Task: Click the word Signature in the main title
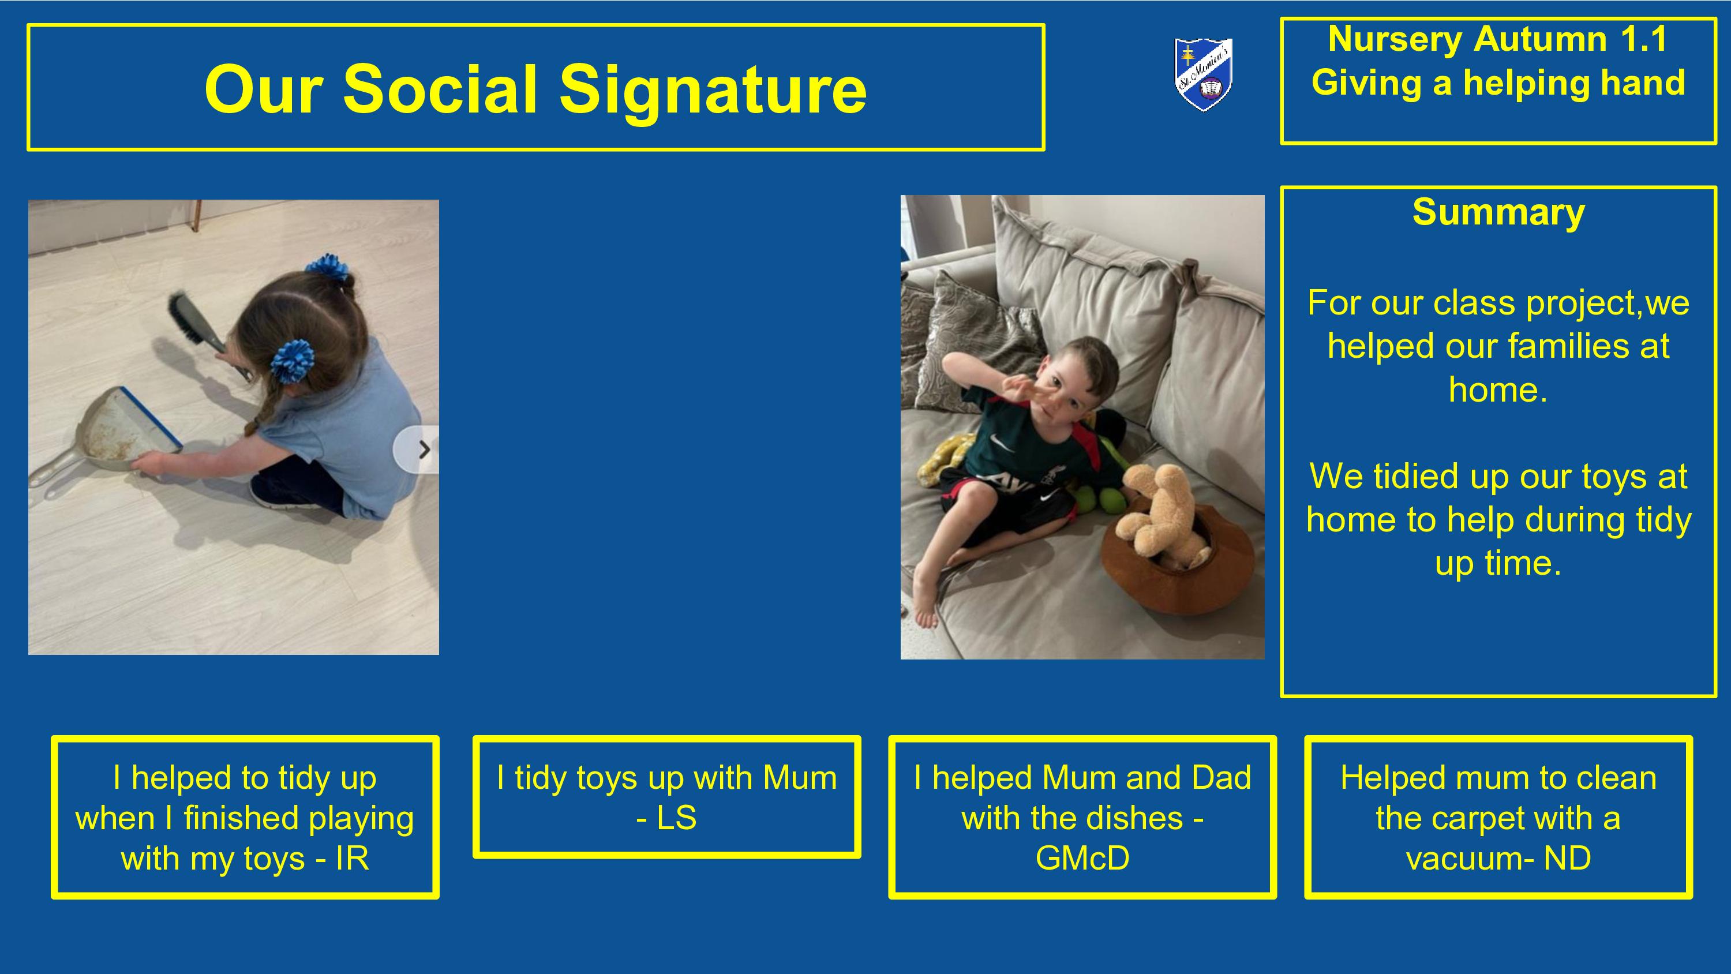point(713,90)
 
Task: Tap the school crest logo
point(1204,74)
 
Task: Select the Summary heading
point(1498,213)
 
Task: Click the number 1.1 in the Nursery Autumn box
point(1643,39)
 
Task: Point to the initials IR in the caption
point(352,859)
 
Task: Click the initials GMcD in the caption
point(1082,859)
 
